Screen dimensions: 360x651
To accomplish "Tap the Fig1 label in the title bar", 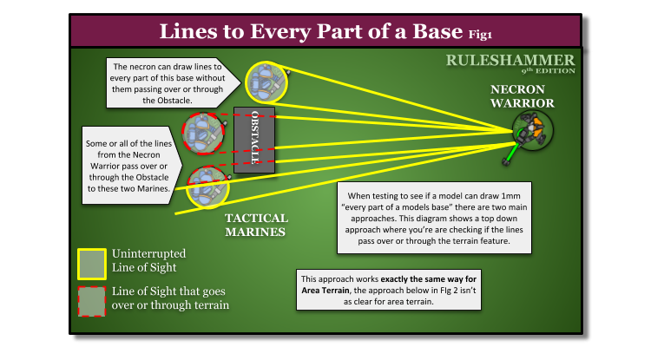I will coord(481,34).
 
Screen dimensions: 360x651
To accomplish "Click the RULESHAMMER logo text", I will coord(510,60).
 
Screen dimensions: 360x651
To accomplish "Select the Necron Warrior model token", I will coord(531,131).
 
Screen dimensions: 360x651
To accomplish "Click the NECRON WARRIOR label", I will coord(523,95).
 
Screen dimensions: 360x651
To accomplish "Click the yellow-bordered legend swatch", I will coord(92,263).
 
